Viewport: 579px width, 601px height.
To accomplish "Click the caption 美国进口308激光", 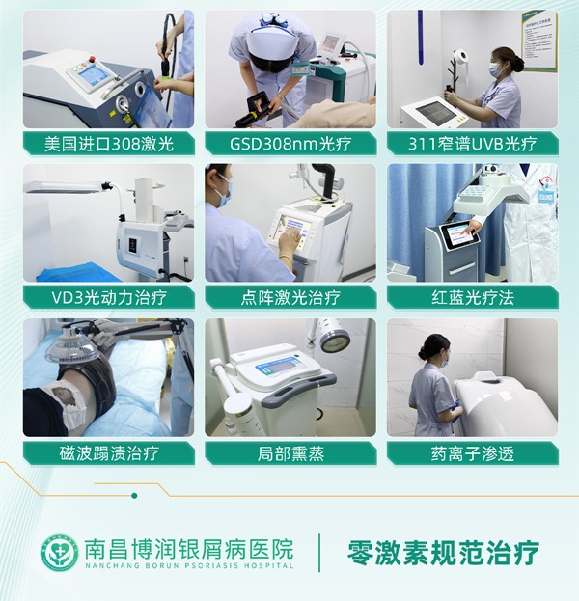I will coord(108,144).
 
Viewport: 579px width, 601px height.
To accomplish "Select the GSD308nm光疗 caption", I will coord(289,144).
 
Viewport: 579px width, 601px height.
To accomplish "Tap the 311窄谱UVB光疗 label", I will coord(472,144).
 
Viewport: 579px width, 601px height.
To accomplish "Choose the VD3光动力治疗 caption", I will coord(108,297).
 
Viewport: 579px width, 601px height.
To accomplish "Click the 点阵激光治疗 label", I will coord(289,297).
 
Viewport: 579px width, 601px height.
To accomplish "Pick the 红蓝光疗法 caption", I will coord(472,297).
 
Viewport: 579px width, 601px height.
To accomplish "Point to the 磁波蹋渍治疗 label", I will coord(108,451).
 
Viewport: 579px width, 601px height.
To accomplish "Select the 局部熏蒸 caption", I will coord(289,451).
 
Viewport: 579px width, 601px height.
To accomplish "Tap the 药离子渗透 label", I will coord(472,451).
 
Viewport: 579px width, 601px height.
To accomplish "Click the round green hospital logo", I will coord(60,553).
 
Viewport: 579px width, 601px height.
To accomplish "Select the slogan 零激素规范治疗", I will coord(443,553).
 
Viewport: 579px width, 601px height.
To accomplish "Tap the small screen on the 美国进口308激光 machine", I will coord(94,74).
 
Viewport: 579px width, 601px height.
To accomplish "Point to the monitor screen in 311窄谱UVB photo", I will coord(437,113).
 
